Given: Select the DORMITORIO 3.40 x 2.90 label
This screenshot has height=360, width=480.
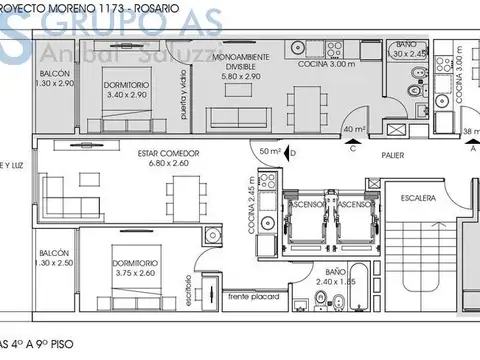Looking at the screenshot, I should click(x=127, y=91).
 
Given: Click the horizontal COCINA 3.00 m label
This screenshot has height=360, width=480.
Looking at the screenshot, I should click(x=324, y=64).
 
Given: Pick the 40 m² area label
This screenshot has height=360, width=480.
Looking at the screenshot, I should click(x=353, y=128).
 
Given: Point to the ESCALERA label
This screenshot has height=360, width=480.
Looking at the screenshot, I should click(x=419, y=199).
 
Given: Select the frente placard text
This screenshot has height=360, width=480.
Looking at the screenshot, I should click(x=254, y=298).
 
